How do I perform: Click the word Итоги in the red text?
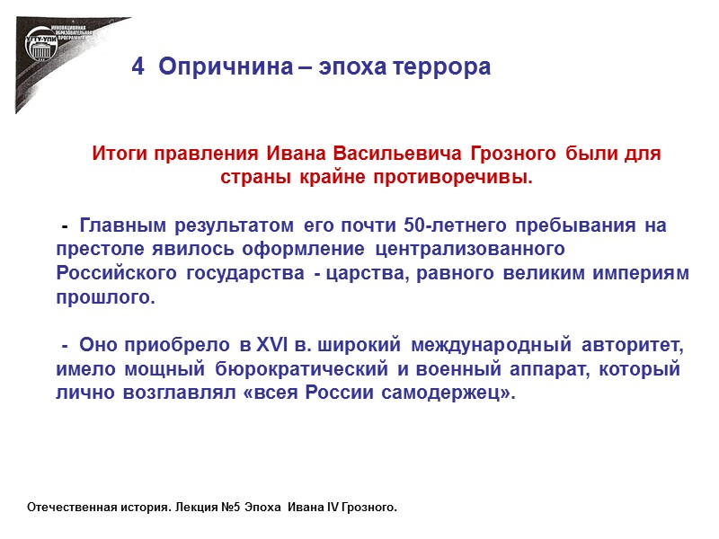(x=115, y=154)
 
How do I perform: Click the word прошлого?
(x=104, y=296)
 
